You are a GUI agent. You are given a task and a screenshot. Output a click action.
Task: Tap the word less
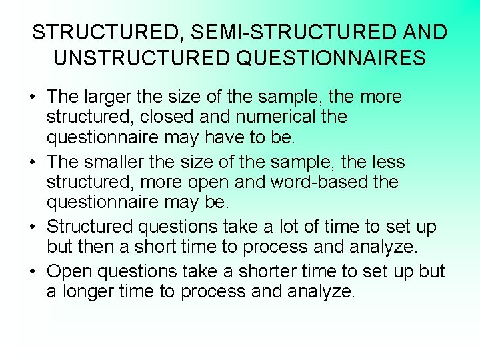[x=386, y=162]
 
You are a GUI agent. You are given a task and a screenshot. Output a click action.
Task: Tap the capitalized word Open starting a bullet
[x=69, y=271]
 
